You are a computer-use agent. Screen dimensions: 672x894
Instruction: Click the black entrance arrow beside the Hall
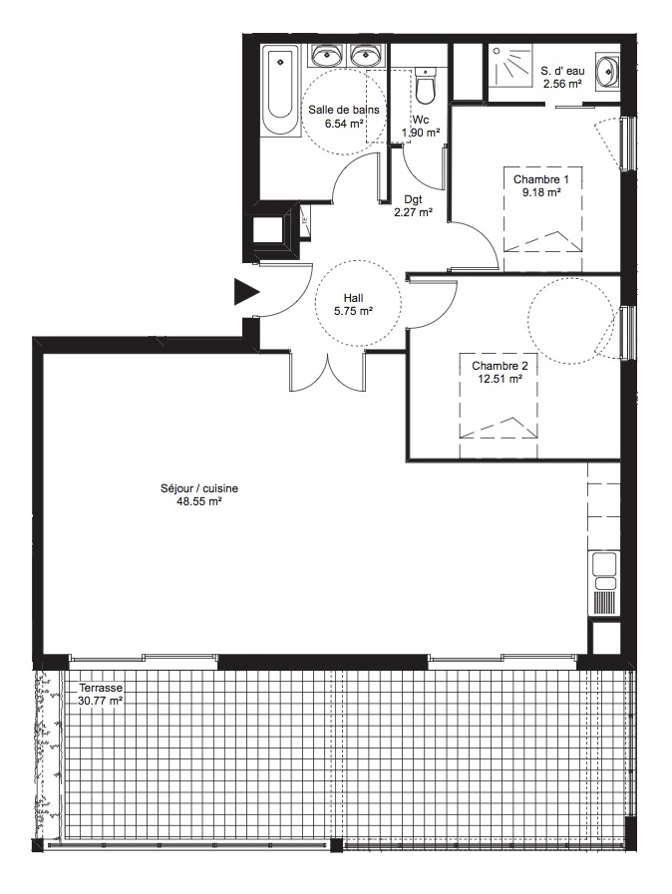245,292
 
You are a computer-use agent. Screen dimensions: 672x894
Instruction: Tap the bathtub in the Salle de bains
280,92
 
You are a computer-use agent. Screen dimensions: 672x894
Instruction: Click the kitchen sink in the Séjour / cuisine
604,571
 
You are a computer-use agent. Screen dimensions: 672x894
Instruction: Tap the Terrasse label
101,688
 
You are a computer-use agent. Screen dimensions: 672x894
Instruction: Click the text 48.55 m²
199,502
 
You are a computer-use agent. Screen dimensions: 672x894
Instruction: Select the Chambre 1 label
540,179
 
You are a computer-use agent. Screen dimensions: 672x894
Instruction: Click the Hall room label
353,298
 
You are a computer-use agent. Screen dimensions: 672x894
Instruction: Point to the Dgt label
413,199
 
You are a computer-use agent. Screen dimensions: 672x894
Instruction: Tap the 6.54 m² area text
344,124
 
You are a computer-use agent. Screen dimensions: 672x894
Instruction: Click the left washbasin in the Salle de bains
327,55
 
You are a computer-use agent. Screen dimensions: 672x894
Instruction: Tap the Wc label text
421,121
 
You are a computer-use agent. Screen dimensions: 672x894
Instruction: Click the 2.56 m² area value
562,84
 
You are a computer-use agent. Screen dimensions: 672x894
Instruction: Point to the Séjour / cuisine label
199,488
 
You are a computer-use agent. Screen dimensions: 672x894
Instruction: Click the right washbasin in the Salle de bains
367,55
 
